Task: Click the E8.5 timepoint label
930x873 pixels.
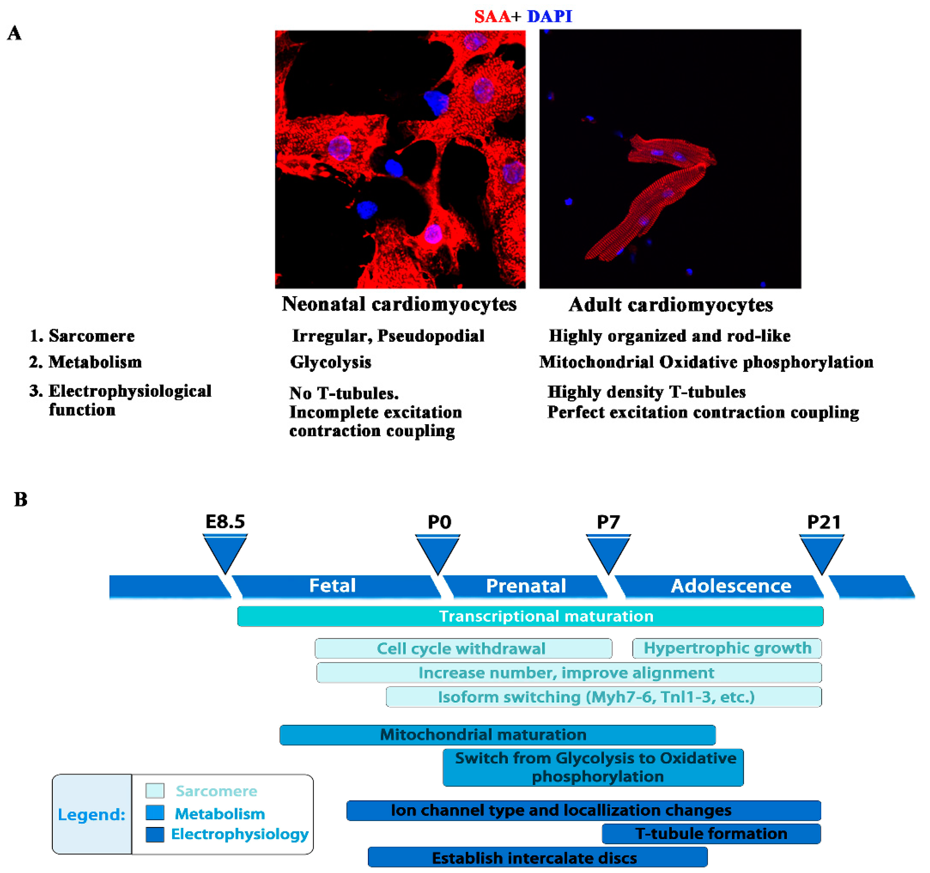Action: [225, 521]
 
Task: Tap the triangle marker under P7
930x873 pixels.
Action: [608, 552]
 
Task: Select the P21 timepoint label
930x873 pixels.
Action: [824, 522]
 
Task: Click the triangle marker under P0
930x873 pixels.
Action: [437, 552]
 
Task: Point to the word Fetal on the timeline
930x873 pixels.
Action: [332, 586]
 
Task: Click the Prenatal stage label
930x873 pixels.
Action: [526, 586]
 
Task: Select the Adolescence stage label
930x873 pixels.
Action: [731, 586]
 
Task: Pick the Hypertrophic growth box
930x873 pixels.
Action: [727, 648]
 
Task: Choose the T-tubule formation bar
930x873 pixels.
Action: [711, 834]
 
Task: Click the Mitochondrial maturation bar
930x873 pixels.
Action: [497, 735]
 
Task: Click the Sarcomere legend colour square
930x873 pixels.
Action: [155, 791]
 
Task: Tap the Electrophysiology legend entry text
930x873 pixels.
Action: [240, 834]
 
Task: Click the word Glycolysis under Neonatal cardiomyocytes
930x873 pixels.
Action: [330, 362]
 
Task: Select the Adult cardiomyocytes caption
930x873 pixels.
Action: [670, 305]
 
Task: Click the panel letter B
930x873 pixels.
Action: [20, 499]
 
